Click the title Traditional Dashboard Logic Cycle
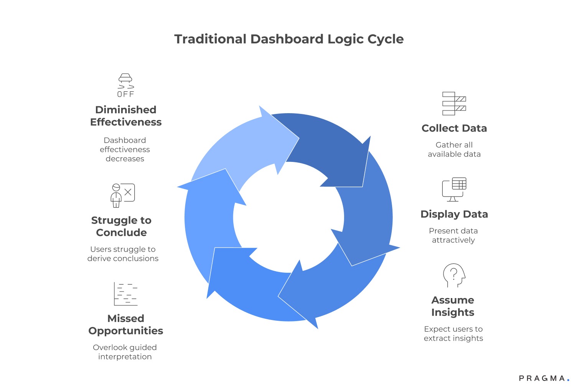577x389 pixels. point(289,39)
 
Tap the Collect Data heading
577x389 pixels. point(454,128)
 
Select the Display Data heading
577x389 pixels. point(454,214)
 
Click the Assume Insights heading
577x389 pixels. point(453,306)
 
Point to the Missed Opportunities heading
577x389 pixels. point(126,325)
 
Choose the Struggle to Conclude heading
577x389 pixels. point(121,226)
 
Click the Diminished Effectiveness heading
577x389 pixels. point(126,116)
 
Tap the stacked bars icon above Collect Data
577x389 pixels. point(454,104)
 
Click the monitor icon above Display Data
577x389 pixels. point(454,190)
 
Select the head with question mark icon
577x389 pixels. point(454,275)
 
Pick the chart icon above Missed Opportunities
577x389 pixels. point(125,294)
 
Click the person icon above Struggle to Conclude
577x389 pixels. point(122,195)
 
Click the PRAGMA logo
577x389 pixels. point(544,378)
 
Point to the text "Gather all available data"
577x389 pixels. point(454,150)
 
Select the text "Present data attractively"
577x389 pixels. point(453,236)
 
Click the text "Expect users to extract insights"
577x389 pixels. point(453,334)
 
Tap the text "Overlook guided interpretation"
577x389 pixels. point(125,352)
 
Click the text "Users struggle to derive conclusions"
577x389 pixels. point(123,254)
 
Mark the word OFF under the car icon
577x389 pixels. point(125,94)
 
